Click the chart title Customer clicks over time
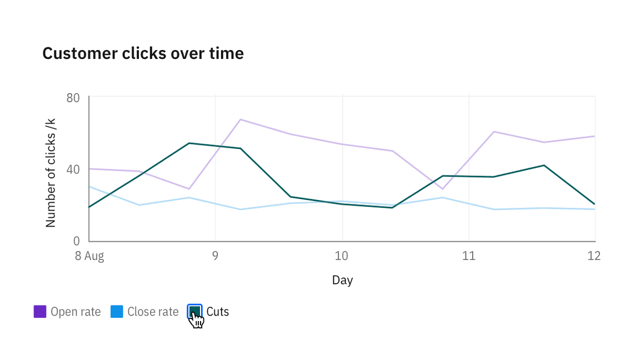tap(143, 53)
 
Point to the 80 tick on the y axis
tap(73, 98)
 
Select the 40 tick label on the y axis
tap(73, 169)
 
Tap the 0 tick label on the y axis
tap(77, 241)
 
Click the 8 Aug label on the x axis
tap(89, 256)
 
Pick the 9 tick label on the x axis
tap(215, 256)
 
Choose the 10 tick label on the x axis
tap(342, 256)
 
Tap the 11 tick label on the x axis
tap(469, 256)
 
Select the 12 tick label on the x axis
tap(594, 256)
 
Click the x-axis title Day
tap(342, 280)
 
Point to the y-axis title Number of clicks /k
tap(51, 172)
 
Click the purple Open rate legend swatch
tap(40, 312)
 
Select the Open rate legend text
tap(76, 312)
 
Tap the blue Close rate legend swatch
tap(117, 312)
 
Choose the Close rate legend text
tap(153, 312)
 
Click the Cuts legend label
tap(217, 312)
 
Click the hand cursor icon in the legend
tap(196, 319)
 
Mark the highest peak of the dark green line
tap(189, 143)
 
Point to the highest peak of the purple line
tap(240, 119)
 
